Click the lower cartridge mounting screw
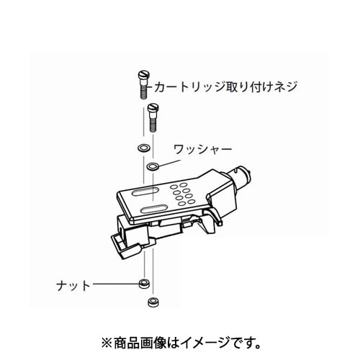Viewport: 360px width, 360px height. [x=153, y=117]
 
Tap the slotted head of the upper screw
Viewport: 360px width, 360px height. [x=144, y=74]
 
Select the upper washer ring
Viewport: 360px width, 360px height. [x=144, y=148]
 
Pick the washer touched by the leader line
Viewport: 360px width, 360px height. [x=153, y=166]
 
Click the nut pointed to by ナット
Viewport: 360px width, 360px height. [x=144, y=284]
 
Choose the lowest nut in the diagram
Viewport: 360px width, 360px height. [x=153, y=302]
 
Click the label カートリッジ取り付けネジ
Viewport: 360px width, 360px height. [x=225, y=86]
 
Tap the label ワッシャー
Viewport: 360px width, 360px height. [x=203, y=150]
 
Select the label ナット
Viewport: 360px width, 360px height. [x=73, y=285]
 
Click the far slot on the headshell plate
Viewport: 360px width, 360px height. [x=144, y=192]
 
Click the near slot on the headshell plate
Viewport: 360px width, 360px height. [x=154, y=209]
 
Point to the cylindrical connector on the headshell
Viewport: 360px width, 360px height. [x=239, y=177]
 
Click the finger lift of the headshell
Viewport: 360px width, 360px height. [x=215, y=215]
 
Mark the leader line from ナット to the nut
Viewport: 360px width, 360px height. [x=116, y=284]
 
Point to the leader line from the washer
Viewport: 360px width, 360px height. [x=169, y=163]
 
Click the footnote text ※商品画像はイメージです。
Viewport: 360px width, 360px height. [x=181, y=343]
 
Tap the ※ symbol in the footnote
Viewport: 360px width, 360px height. [x=107, y=343]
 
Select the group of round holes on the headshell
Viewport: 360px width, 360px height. [x=182, y=194]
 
